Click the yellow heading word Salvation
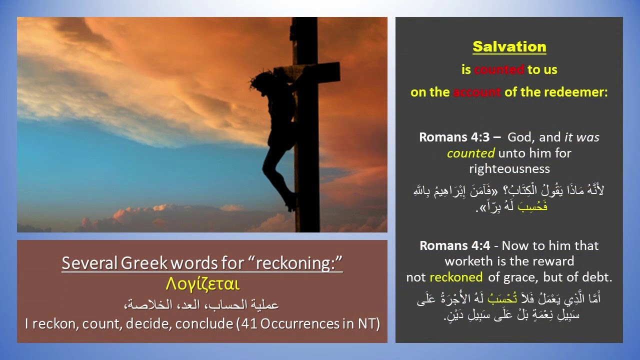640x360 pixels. click(509, 46)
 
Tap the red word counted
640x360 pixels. click(499, 70)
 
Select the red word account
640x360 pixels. click(476, 92)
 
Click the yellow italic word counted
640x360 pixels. click(470, 153)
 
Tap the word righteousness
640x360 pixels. click(509, 168)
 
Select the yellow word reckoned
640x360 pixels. click(455, 277)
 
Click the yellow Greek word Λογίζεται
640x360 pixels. click(202, 284)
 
